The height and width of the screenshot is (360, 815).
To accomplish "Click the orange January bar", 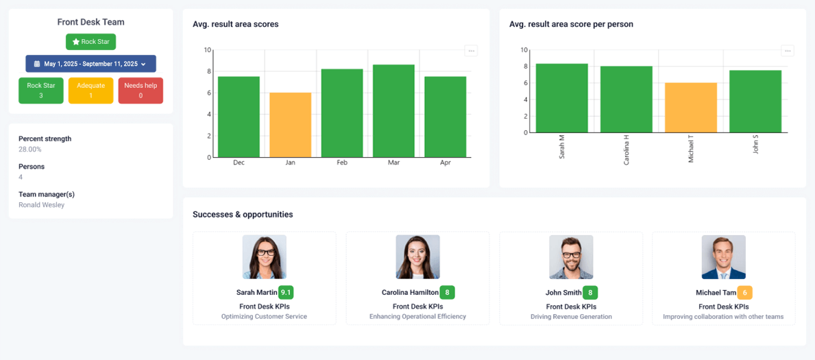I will pyautogui.click(x=290, y=125).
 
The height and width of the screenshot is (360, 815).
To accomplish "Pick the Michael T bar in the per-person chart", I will pyautogui.click(x=691, y=108).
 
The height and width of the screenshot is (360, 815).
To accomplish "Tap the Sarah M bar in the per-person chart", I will pyautogui.click(x=561, y=98).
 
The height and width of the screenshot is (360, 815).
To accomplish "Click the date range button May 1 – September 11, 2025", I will pyautogui.click(x=90, y=64).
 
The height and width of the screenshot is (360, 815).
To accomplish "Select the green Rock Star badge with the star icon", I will pyautogui.click(x=90, y=42).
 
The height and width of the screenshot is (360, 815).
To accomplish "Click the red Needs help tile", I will pyautogui.click(x=141, y=91).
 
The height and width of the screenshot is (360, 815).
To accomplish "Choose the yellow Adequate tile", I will pyautogui.click(x=90, y=91).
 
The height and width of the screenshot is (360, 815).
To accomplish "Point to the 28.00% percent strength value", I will pyautogui.click(x=30, y=149).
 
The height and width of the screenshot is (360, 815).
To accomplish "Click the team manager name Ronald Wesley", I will pyautogui.click(x=42, y=205).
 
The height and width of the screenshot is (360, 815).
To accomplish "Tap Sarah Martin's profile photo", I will pyautogui.click(x=265, y=257).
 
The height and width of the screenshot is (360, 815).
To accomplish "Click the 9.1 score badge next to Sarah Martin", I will pyautogui.click(x=286, y=292).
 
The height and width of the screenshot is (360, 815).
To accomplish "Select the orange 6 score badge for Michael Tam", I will pyautogui.click(x=744, y=292).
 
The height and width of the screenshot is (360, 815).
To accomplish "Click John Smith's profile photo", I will pyautogui.click(x=571, y=257).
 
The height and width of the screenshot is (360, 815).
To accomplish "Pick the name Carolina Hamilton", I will pyautogui.click(x=409, y=293).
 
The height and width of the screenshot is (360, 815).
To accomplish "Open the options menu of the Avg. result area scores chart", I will pyautogui.click(x=471, y=51).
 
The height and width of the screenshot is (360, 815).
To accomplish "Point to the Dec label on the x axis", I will pyautogui.click(x=239, y=163).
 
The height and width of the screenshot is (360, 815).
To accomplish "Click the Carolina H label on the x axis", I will pyautogui.click(x=626, y=149).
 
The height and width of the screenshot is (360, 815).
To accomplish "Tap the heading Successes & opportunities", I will pyautogui.click(x=243, y=215).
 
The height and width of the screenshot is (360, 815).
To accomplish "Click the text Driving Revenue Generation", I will pyautogui.click(x=571, y=317).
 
